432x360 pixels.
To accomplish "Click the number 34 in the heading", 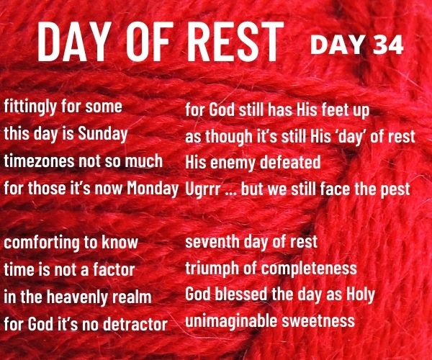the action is pos(389,45).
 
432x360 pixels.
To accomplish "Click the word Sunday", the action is pos(103,135).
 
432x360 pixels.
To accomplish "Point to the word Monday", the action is pos(153,189).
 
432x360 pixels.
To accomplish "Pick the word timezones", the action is pos(39,161).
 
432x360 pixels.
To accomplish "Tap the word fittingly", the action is pos(30,107).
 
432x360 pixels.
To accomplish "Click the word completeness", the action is pos(309,269).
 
